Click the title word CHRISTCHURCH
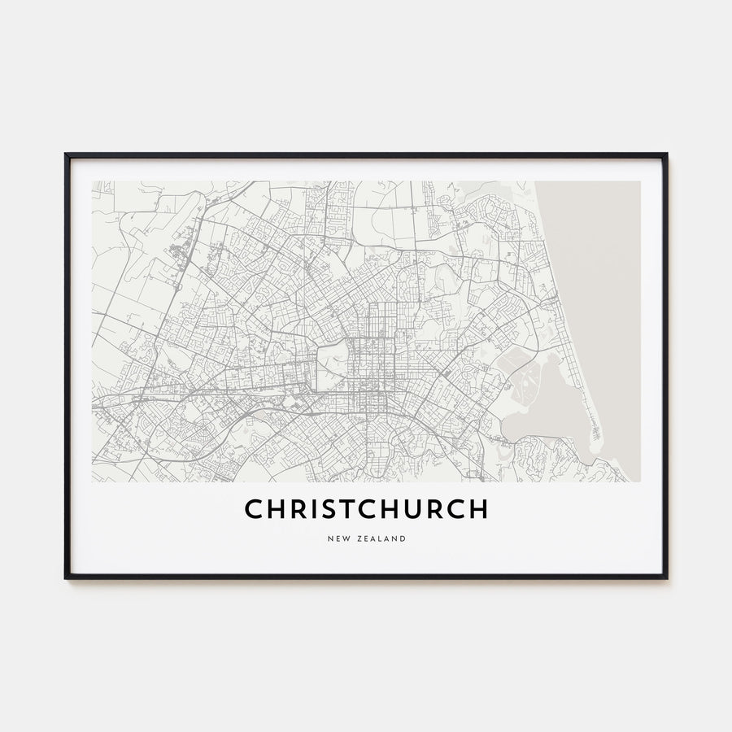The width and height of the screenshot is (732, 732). tap(366, 509)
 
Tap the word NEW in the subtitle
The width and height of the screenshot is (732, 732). tap(338, 538)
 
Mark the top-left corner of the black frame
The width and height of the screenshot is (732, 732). tap(66, 154)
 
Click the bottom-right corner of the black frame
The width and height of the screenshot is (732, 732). tap(666, 577)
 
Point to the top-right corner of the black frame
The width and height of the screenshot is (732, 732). tap(666, 154)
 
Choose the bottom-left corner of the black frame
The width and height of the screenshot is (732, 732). tap(66, 577)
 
